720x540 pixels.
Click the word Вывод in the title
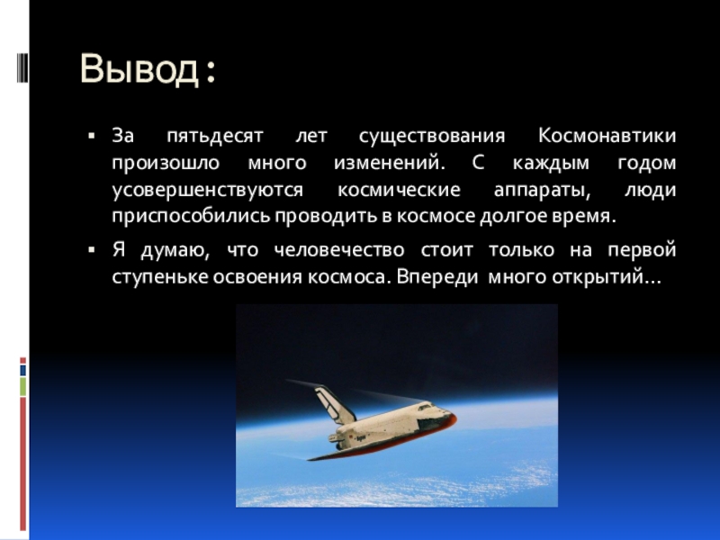tap(139, 69)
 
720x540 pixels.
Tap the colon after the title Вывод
tap(211, 73)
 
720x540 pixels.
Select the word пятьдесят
tap(215, 137)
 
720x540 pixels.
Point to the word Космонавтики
tap(607, 136)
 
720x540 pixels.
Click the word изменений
tap(390, 163)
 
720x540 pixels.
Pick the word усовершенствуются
tap(208, 191)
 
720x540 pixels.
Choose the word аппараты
tap(542, 191)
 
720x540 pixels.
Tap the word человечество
tap(339, 251)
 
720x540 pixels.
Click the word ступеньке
tap(160, 277)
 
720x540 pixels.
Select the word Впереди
tap(437, 277)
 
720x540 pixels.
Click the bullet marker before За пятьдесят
tap(92, 136)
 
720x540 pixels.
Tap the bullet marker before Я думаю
tap(92, 250)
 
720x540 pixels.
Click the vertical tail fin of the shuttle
tap(334, 404)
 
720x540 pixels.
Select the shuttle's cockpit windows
tap(425, 407)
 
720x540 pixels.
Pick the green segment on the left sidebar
tap(23, 387)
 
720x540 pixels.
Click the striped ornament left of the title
tap(22, 68)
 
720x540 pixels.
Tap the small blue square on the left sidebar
tap(23, 370)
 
